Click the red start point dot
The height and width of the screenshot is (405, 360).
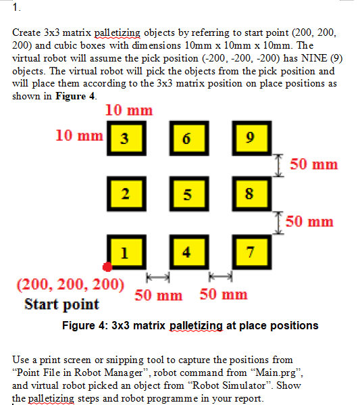tap(107, 267)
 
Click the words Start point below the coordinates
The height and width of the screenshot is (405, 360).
tap(61, 304)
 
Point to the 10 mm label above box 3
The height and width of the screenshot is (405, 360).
tap(129, 110)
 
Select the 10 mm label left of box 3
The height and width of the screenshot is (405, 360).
tap(79, 135)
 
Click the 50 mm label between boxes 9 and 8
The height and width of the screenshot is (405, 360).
tap(314, 164)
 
